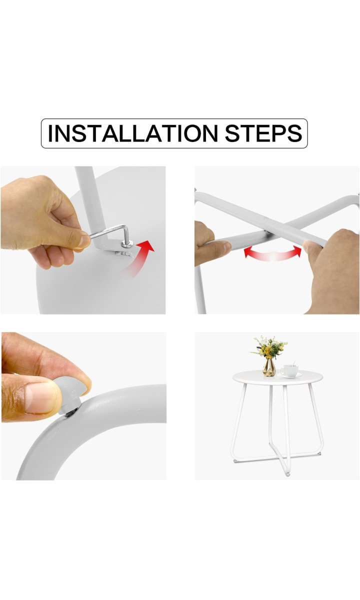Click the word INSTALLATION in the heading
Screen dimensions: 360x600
[132, 133]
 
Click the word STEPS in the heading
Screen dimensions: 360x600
[263, 133]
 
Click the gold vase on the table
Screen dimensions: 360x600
[269, 367]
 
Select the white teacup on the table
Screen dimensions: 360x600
[289, 370]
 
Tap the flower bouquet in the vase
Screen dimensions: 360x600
[269, 347]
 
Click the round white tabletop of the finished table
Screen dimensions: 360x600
[277, 377]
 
